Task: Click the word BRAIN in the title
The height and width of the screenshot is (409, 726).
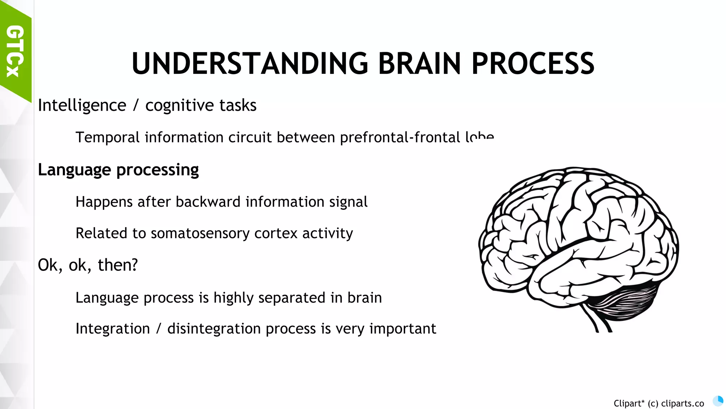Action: pos(419,64)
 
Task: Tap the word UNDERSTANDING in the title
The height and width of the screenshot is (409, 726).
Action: pos(250,64)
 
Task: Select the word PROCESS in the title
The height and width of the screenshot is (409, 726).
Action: pos(533,64)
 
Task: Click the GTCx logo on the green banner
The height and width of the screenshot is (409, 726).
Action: pos(15,51)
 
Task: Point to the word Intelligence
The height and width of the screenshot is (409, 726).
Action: pos(82,105)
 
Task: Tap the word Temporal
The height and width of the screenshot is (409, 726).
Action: pos(107,137)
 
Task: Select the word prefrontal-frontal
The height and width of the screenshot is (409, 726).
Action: pos(400,137)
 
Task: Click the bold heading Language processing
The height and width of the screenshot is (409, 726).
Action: pos(118,170)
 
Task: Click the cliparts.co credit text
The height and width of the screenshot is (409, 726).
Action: pos(659,404)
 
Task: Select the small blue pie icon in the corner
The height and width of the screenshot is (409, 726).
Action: pos(718,401)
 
